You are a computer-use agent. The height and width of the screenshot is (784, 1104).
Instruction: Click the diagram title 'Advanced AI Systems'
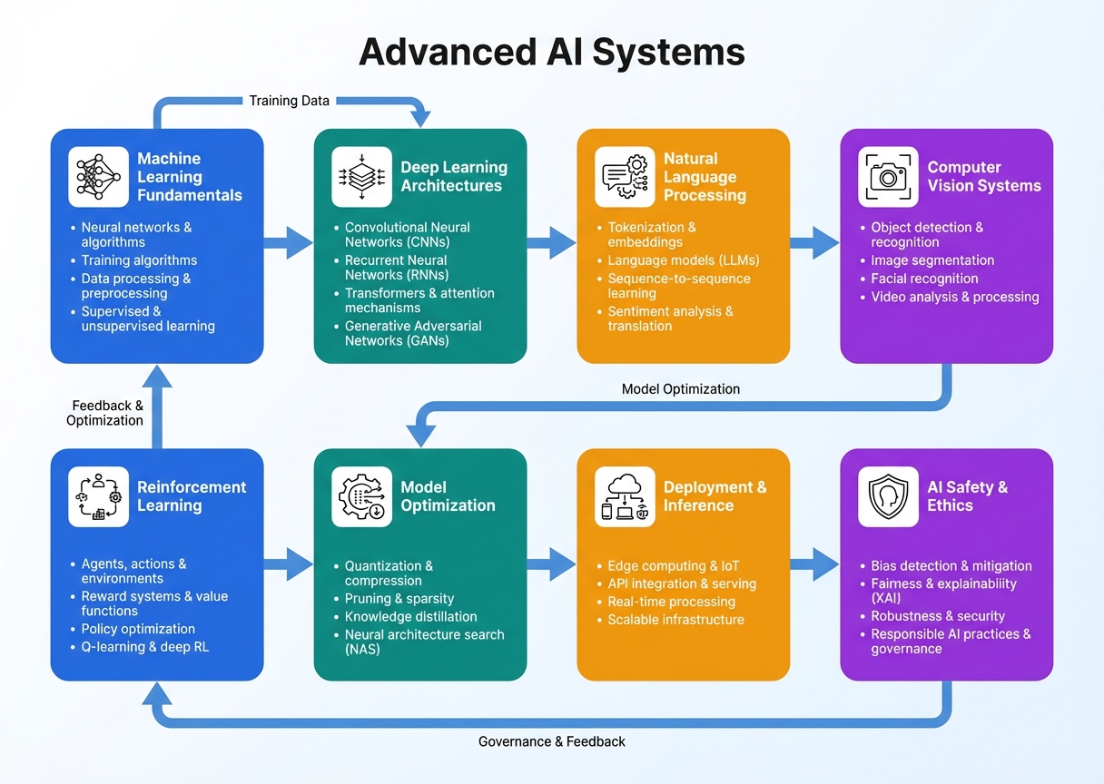pyautogui.click(x=551, y=52)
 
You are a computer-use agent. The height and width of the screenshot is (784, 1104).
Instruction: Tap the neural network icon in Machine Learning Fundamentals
pyautogui.click(x=98, y=177)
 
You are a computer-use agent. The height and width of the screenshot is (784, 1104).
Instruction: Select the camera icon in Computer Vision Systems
pyautogui.click(x=888, y=177)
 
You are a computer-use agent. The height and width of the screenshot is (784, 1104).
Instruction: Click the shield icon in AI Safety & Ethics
pyautogui.click(x=888, y=496)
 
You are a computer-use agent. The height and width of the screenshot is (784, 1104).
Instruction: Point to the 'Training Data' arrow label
pyautogui.click(x=289, y=101)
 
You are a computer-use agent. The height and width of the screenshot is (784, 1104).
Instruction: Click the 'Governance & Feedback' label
pyautogui.click(x=551, y=741)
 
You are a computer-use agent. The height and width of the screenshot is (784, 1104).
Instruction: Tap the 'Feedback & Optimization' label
pyautogui.click(x=105, y=413)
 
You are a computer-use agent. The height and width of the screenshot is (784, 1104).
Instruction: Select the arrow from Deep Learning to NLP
pyautogui.click(x=551, y=242)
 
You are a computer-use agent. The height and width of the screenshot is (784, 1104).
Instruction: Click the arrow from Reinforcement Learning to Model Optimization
pyautogui.click(x=289, y=563)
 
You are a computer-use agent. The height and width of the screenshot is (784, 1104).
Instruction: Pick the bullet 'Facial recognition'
pyautogui.click(x=924, y=279)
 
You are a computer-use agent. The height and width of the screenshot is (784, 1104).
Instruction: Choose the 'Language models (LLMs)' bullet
pyautogui.click(x=683, y=260)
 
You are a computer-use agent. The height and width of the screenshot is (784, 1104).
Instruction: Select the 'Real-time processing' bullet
pyautogui.click(x=671, y=602)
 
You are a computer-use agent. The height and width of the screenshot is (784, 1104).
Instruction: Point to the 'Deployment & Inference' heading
pyautogui.click(x=715, y=496)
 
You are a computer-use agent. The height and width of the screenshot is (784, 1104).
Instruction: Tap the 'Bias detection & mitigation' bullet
pyautogui.click(x=951, y=565)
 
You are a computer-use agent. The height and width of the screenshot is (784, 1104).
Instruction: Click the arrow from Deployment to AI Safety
pyautogui.click(x=814, y=563)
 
